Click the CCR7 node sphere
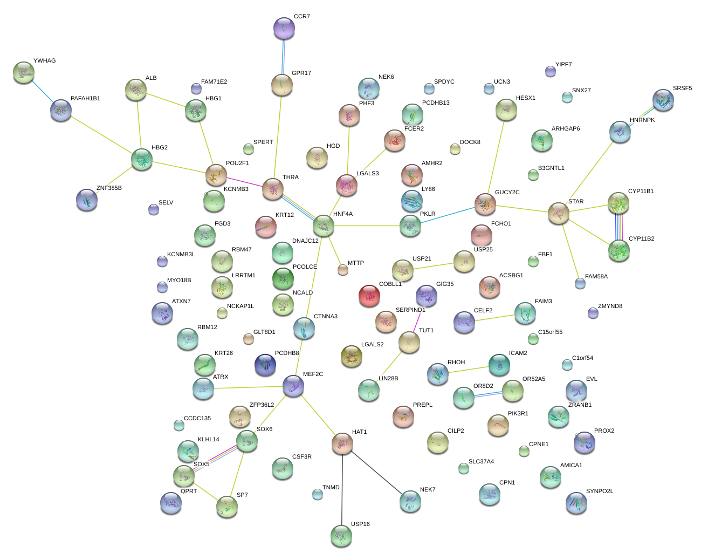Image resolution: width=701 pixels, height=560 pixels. (x=284, y=28)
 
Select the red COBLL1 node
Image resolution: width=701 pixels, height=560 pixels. (x=369, y=296)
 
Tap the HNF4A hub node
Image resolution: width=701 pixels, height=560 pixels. (x=323, y=226)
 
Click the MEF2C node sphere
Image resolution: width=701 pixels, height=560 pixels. (x=293, y=386)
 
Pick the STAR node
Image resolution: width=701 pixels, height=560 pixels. (x=559, y=213)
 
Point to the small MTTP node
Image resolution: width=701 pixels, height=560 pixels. (x=343, y=270)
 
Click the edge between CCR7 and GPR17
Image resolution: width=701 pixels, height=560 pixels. (x=283, y=57)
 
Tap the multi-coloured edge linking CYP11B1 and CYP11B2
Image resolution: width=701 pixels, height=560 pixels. (x=618, y=227)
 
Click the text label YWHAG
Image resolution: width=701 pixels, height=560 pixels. (x=44, y=61)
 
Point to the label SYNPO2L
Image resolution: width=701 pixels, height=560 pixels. (x=600, y=491)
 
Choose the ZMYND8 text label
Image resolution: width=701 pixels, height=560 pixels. (x=610, y=306)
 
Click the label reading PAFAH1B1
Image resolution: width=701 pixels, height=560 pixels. (x=85, y=99)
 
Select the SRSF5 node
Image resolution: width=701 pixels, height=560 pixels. (x=663, y=100)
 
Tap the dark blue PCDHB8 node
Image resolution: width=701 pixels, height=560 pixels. (x=265, y=365)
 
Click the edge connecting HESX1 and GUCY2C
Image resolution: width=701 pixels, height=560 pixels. (x=496, y=156)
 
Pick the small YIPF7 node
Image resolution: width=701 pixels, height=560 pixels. (x=550, y=71)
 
